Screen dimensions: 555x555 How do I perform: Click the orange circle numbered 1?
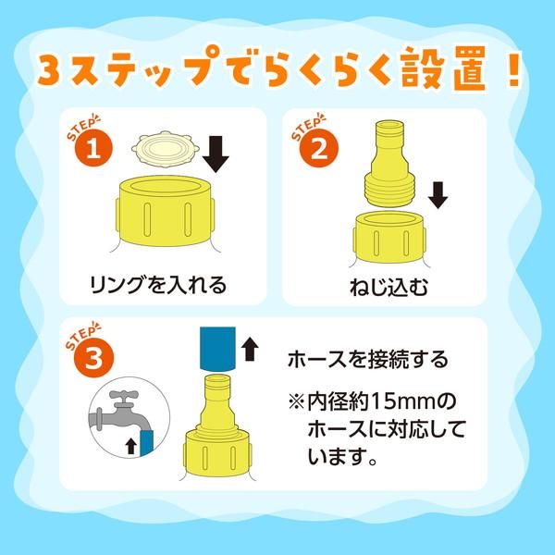coord(93,148)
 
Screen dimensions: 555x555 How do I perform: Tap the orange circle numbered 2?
coord(319,149)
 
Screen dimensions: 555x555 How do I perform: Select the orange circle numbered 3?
coord(93,358)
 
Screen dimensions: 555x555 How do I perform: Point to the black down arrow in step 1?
coord(216,154)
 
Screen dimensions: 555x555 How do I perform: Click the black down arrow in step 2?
coord(438,195)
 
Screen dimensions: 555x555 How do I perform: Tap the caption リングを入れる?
coord(158,285)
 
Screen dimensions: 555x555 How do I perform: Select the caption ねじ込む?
coord(388,287)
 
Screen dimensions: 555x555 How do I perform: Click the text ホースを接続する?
coord(368,360)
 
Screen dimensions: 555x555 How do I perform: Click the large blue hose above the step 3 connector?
coord(217,349)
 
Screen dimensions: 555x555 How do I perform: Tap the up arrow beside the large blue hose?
coord(250,349)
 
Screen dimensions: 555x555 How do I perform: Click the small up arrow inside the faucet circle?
coord(131,446)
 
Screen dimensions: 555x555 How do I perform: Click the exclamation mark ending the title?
coord(512,69)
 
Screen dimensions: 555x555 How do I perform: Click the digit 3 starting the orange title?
coord(49,69)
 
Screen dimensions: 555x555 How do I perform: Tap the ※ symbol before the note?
coord(296,402)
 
